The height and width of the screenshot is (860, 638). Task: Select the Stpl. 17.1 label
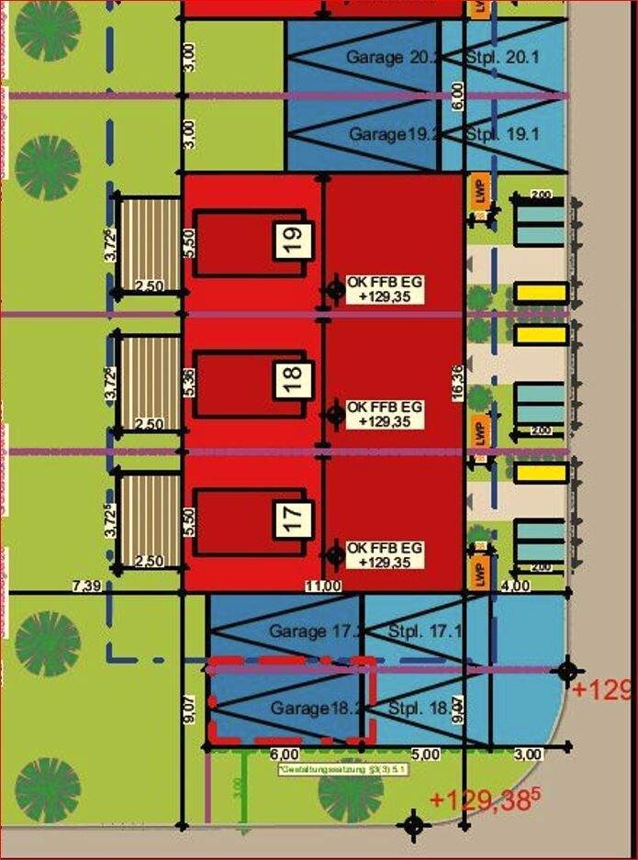421,631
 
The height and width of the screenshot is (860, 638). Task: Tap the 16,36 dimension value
456,380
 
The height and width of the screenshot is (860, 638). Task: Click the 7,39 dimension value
84,585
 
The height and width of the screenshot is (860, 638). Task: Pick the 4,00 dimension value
515,586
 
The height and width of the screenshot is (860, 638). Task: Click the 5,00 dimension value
424,754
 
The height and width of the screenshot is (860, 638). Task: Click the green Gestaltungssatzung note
343,769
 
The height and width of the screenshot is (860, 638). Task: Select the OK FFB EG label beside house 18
386,414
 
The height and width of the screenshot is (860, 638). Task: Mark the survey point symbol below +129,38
413,824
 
